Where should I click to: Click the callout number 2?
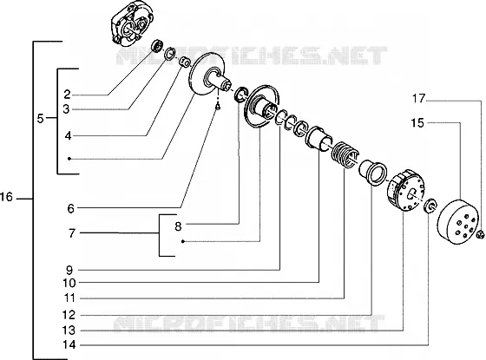(68, 95)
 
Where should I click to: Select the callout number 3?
(66, 109)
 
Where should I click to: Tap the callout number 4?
(69, 135)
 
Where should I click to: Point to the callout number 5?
(41, 118)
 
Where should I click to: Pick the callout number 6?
(71, 208)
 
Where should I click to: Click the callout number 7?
(72, 233)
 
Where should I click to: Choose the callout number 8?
(178, 226)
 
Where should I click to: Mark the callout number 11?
(69, 298)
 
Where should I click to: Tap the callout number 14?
(69, 344)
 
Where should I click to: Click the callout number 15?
(417, 123)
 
